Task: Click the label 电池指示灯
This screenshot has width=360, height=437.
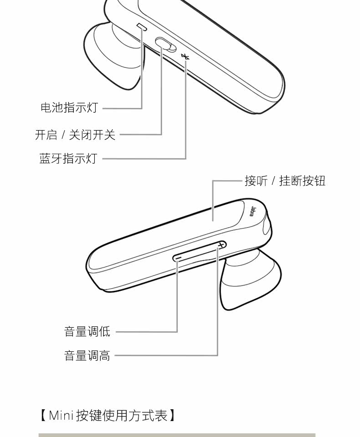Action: click(x=69, y=108)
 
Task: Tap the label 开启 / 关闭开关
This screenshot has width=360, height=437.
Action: click(x=75, y=134)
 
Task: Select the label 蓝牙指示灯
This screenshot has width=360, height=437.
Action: click(x=68, y=158)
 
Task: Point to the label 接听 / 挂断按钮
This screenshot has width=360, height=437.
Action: click(x=285, y=181)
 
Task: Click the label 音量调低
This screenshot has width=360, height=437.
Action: click(x=87, y=331)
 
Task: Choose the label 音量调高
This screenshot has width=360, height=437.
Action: click(x=87, y=355)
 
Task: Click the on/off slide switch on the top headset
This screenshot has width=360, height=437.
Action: click(x=165, y=44)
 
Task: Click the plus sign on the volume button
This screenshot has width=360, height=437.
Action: click(x=221, y=245)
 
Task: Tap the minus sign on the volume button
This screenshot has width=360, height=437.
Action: click(x=178, y=258)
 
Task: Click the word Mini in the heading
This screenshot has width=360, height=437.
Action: click(x=61, y=415)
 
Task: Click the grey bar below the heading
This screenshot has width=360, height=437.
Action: click(x=177, y=435)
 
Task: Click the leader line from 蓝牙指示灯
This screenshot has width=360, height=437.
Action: click(x=146, y=158)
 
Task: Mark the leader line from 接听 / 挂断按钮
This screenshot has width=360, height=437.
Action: click(x=228, y=181)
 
